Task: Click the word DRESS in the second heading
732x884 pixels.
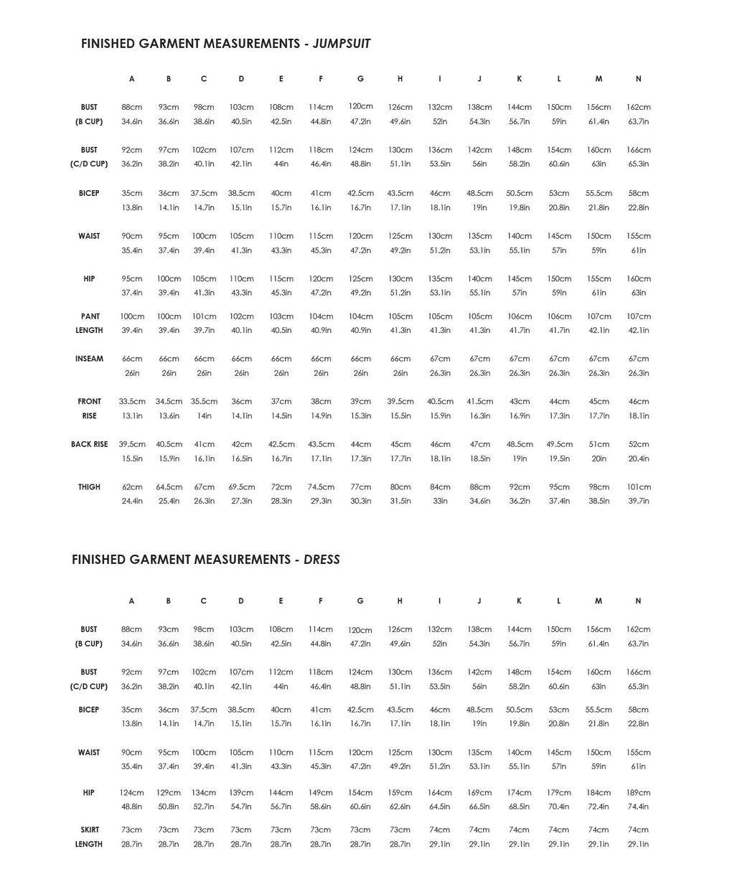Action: click(322, 560)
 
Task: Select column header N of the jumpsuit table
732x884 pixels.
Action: click(638, 79)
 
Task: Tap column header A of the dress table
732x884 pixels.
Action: click(131, 601)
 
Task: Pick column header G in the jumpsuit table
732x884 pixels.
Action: click(360, 79)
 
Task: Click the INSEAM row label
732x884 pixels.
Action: click(89, 359)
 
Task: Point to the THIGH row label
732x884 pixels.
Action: click(89, 487)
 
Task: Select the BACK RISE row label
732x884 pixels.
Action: click(89, 444)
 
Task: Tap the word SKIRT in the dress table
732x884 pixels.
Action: click(89, 830)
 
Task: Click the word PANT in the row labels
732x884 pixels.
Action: click(90, 316)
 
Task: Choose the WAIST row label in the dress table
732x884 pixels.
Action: click(89, 753)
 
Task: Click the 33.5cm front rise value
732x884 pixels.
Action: click(131, 402)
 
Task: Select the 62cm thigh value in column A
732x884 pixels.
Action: click(131, 487)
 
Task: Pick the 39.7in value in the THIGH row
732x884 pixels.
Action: click(638, 502)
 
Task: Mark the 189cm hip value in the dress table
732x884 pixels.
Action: click(638, 793)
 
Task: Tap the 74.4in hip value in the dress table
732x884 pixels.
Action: click(638, 807)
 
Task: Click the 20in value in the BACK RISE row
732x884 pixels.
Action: click(599, 459)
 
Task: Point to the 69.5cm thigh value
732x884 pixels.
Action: click(242, 487)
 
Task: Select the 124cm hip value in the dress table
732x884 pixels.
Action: click(131, 793)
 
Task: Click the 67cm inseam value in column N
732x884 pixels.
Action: click(638, 359)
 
